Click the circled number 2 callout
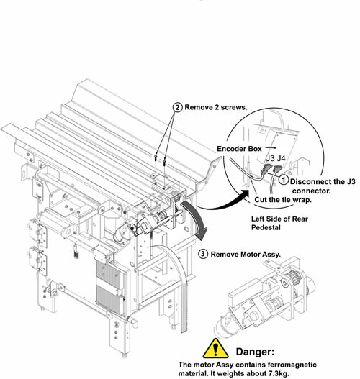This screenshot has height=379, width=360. [177, 107]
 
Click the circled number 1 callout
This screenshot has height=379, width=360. [284, 180]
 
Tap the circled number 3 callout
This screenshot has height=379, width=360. [203, 254]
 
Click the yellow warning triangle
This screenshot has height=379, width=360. [215, 349]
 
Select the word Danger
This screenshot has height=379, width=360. [255, 352]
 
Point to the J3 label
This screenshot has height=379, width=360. [270, 158]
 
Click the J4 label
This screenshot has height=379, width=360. [281, 158]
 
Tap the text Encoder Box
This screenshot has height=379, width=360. [239, 149]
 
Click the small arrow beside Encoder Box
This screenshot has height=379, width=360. [271, 147]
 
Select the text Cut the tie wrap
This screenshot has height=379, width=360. [283, 200]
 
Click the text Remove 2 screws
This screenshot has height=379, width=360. [216, 107]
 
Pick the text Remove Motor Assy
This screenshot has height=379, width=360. [246, 255]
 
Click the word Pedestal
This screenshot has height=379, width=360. [266, 227]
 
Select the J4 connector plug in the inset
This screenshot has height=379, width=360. [277, 169]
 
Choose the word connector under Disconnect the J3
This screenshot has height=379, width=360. [311, 191]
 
